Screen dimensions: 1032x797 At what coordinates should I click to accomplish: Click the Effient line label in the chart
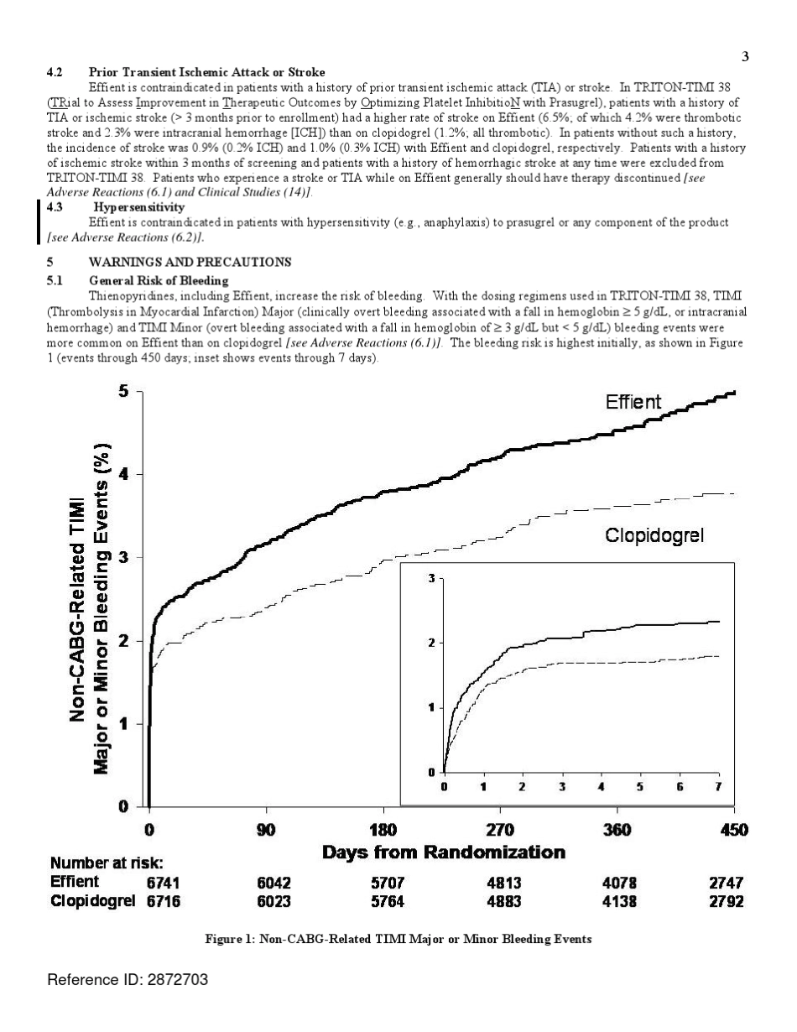(x=633, y=403)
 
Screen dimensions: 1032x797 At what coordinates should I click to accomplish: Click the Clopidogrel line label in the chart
(x=654, y=535)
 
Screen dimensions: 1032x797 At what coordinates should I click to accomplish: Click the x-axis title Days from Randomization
(x=444, y=853)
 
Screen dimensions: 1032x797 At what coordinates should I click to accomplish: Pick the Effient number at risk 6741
(x=164, y=883)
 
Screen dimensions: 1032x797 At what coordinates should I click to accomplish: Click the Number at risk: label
(x=107, y=863)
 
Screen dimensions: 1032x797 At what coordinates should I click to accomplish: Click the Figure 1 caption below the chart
(x=398, y=940)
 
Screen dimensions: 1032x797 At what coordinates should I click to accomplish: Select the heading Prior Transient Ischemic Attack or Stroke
(x=206, y=73)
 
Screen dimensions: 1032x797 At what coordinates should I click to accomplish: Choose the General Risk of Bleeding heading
(x=159, y=279)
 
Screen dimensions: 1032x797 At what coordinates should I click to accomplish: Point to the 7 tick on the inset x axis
(x=717, y=786)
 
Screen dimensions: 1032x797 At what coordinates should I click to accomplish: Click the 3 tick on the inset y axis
(x=432, y=579)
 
